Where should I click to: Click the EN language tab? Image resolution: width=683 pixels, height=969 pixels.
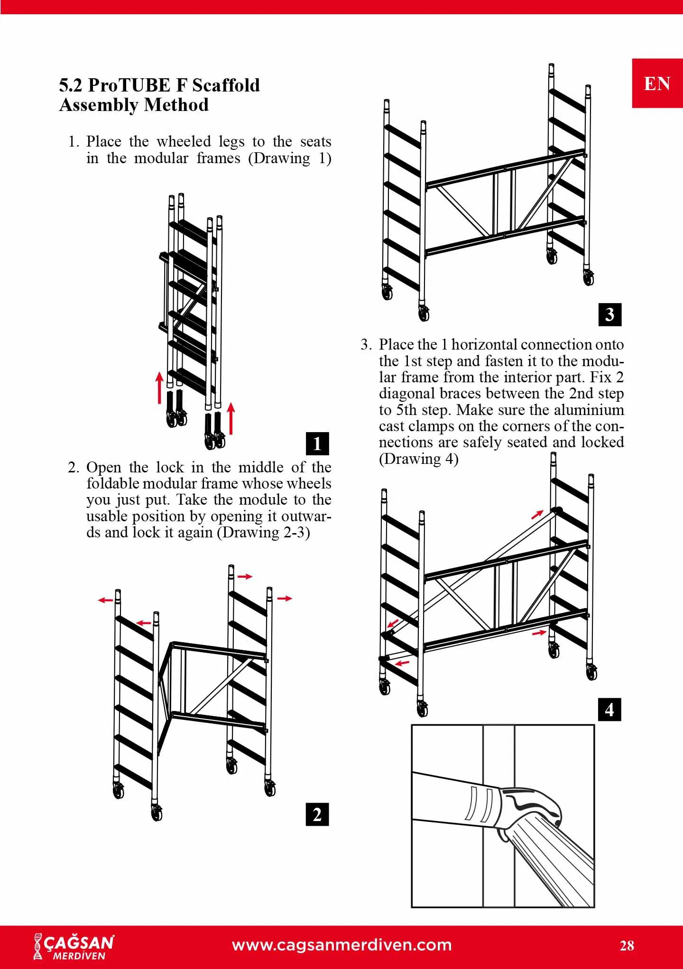tap(657, 83)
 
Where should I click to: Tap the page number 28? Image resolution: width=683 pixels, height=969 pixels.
tap(627, 945)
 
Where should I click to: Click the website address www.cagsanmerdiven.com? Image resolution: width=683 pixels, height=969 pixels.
tap(341, 944)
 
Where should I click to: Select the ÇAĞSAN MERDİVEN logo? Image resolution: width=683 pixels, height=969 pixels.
tap(74, 947)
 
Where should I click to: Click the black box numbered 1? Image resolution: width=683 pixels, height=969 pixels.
tap(317, 443)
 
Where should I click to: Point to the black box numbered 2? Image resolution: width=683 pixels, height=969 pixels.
tap(317, 814)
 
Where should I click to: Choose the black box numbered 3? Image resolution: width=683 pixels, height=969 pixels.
tap(610, 314)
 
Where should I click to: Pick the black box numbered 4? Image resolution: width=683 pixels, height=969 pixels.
tap(610, 710)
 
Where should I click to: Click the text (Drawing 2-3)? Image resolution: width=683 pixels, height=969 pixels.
tap(263, 532)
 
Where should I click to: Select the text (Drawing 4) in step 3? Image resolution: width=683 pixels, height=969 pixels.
tap(418, 459)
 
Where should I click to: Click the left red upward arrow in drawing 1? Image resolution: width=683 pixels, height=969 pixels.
tap(160, 387)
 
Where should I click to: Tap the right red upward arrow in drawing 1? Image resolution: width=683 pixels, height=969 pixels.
tap(231, 418)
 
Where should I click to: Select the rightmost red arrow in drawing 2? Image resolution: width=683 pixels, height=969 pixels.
tap(285, 599)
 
